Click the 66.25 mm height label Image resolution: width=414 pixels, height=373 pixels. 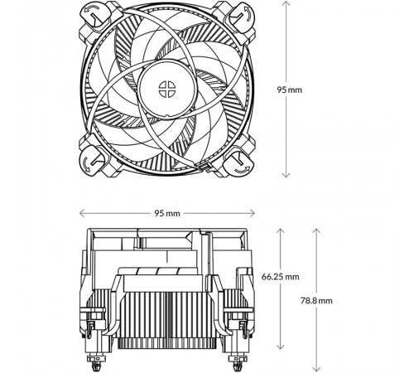tap(280, 277)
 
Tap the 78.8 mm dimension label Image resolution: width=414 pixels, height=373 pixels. tap(316, 301)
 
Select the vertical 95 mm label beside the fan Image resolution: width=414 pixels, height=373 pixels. tap(290, 90)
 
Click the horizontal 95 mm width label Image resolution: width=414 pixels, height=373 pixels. tap(167, 213)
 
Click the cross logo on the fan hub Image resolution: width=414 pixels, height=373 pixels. tap(167, 90)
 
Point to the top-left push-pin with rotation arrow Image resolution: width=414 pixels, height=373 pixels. tap(94, 16)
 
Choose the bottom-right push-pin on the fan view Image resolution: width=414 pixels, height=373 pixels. tap(239, 162)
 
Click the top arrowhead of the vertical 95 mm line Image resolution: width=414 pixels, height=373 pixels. tap(286, 2)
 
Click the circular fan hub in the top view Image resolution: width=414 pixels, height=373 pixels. tap(167, 90)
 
